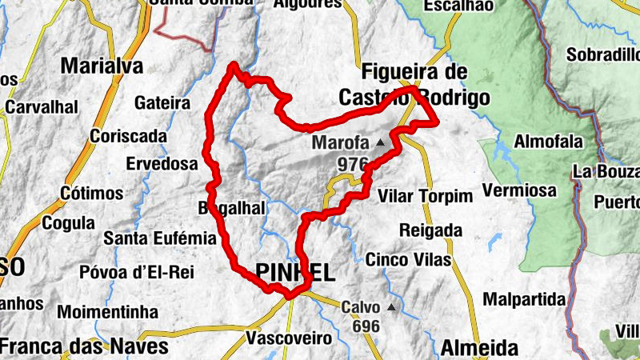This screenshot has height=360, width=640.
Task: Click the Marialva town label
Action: (101, 65)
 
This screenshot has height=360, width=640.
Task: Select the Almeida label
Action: (478, 348)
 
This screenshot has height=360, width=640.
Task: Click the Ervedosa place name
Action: (162, 163)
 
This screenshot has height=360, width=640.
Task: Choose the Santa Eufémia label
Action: (160, 238)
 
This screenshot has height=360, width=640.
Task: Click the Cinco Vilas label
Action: (408, 259)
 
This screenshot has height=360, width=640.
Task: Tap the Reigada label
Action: (430, 230)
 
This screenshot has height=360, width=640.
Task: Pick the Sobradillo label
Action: (602, 55)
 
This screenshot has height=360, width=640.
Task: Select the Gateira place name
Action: (162, 103)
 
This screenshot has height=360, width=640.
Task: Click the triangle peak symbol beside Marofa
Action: (380, 143)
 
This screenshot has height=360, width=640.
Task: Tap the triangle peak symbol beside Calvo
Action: (391, 307)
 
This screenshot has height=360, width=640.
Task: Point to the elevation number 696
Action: (365, 326)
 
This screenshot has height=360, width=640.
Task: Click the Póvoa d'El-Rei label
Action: (137, 272)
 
